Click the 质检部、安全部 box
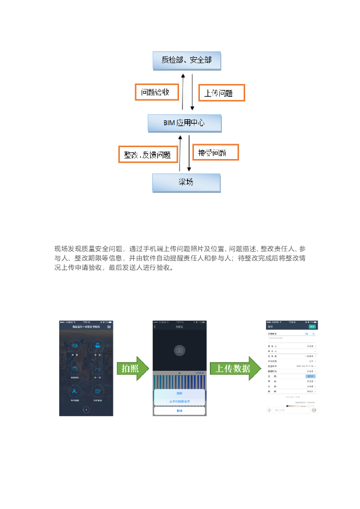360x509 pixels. tap(186, 60)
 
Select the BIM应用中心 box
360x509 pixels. tap(184, 122)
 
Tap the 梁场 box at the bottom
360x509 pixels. tap(185, 182)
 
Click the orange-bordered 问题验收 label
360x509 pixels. tap(156, 91)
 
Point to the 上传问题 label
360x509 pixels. tap(222, 93)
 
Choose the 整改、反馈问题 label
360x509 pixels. tap(148, 155)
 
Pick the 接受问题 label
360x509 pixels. tap(215, 153)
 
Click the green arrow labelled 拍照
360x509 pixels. tap(133, 369)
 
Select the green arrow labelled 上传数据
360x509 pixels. tap(236, 369)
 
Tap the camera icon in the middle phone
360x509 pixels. tap(180, 350)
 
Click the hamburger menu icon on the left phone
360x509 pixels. tap(109, 327)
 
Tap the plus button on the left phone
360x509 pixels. tap(86, 410)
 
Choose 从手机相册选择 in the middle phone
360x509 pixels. tap(180, 401)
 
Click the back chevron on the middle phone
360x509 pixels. tap(155, 327)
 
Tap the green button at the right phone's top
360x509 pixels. tap(312, 327)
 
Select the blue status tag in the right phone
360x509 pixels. tap(310, 376)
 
